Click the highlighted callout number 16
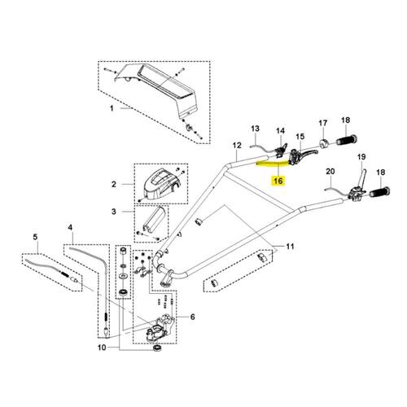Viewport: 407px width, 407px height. point(278,181)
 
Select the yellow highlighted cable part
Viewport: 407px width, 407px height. point(273,163)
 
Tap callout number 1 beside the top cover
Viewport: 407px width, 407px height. point(112,108)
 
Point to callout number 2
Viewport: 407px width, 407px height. point(114,185)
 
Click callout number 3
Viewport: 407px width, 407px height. point(114,212)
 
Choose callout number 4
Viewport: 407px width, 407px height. point(70,227)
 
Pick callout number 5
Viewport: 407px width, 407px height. point(35,237)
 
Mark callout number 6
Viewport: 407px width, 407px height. point(192,317)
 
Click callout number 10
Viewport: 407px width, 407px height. point(102,348)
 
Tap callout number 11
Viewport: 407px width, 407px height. point(290,247)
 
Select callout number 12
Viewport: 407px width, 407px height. point(237,146)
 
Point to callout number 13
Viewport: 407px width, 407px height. point(255,129)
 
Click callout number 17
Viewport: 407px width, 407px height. point(323,123)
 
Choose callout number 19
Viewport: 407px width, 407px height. point(361,157)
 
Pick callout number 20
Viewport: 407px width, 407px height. point(330,172)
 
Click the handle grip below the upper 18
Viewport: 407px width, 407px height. point(347,140)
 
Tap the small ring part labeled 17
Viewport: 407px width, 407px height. point(323,143)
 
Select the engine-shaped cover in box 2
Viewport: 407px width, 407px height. point(161,185)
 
